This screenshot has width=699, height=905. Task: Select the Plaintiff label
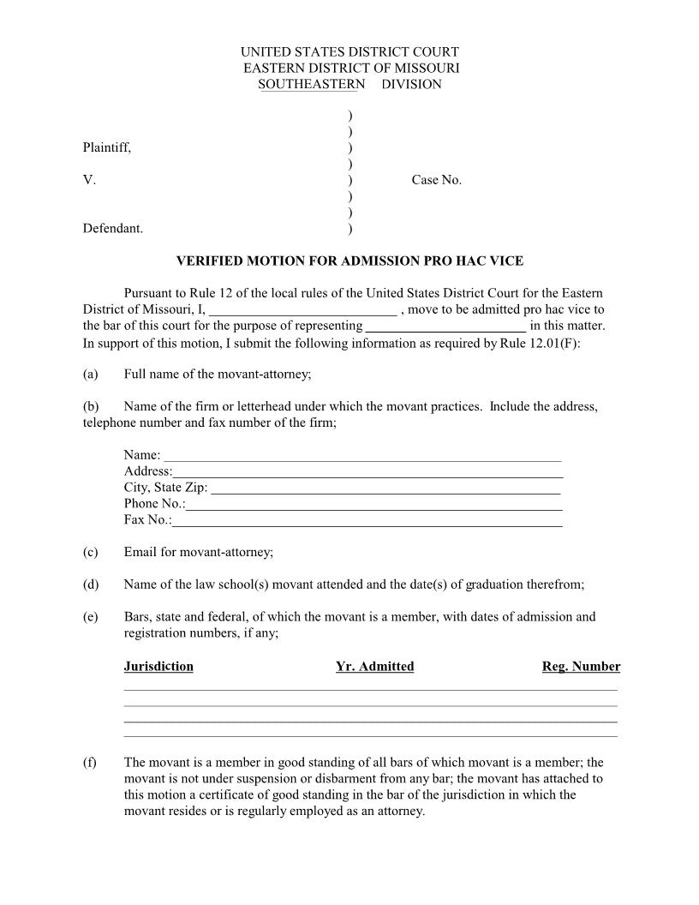click(x=107, y=147)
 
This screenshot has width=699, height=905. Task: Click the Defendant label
click(x=113, y=229)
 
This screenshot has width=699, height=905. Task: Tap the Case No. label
click(x=436, y=180)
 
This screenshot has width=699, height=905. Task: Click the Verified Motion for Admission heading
click(x=349, y=261)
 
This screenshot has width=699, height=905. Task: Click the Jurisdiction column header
click(x=158, y=667)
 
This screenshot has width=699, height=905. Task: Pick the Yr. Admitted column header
click(x=375, y=667)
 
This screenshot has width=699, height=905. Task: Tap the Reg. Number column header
click(x=581, y=667)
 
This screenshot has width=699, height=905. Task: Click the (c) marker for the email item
click(x=91, y=552)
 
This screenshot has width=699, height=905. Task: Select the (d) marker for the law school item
click(x=91, y=584)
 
